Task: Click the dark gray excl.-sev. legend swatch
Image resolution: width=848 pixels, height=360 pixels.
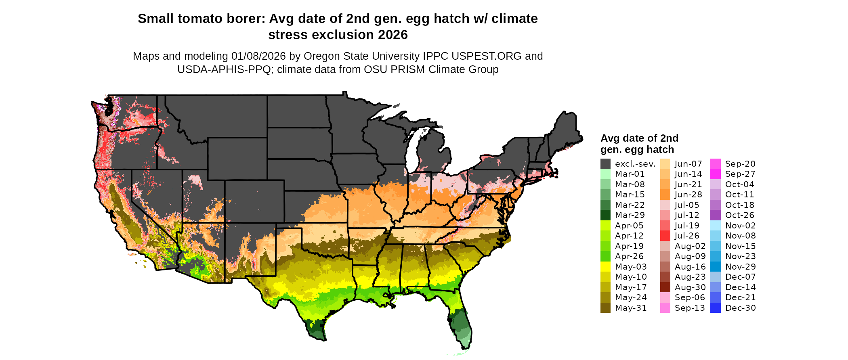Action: [605, 164]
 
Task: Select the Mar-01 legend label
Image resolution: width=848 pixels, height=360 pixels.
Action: [630, 174]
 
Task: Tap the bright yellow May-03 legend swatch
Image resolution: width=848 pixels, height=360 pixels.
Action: [605, 267]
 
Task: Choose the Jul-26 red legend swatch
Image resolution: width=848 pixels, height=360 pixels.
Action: [665, 236]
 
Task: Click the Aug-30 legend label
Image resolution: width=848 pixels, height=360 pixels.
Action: [690, 287]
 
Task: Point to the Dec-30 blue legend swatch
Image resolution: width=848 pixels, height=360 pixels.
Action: [715, 308]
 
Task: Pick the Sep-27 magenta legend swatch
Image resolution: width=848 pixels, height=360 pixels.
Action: [715, 174]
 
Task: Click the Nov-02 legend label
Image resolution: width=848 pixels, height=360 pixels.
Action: [740, 226]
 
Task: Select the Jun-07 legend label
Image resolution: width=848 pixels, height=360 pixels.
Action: [688, 164]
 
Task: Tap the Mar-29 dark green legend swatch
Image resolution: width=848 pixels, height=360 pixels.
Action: [605, 215]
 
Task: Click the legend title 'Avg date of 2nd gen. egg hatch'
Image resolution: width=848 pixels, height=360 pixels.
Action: [639, 144]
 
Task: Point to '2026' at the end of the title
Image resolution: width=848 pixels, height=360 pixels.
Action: [393, 35]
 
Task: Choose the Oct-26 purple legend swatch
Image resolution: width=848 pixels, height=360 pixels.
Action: [715, 215]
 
